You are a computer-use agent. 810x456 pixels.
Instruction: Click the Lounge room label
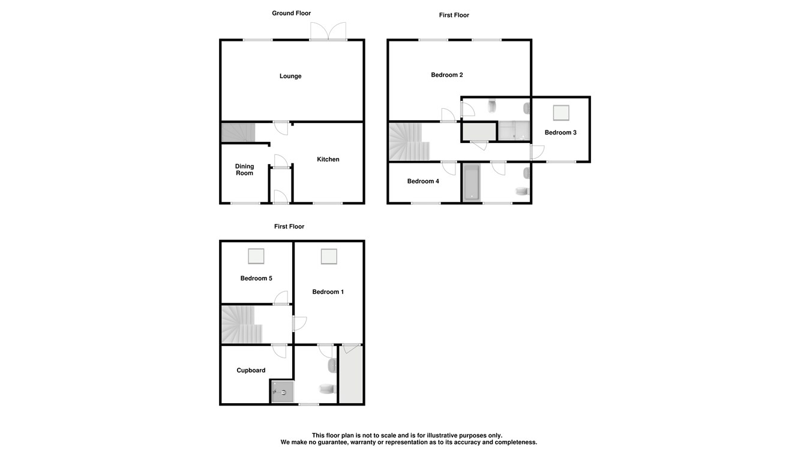pyautogui.click(x=290, y=76)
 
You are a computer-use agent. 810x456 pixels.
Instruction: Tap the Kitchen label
pyautogui.click(x=328, y=159)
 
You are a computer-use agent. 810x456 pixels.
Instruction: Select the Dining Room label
pyautogui.click(x=244, y=169)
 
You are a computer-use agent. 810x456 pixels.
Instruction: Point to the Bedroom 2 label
pyautogui.click(x=446, y=75)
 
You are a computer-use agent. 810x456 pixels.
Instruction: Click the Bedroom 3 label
pyautogui.click(x=560, y=133)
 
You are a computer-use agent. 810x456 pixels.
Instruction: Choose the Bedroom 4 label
pyautogui.click(x=423, y=181)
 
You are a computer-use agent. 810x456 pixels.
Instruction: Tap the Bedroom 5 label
pyautogui.click(x=256, y=278)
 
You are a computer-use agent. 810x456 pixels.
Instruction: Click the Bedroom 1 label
pyautogui.click(x=328, y=291)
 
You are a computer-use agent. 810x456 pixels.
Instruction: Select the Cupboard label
pyautogui.click(x=251, y=370)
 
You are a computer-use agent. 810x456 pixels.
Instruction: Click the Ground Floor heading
pyautogui.click(x=292, y=13)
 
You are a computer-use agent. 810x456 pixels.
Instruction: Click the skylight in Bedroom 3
pyautogui.click(x=561, y=113)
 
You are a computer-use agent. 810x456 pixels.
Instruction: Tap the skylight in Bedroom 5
pyautogui.click(x=256, y=257)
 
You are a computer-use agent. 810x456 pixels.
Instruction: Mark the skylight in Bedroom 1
pyautogui.click(x=329, y=257)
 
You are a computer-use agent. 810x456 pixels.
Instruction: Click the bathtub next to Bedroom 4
pyautogui.click(x=472, y=183)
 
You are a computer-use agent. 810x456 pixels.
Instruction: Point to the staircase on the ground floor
pyautogui.click(x=238, y=133)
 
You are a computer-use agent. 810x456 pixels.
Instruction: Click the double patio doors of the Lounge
pyautogui.click(x=328, y=31)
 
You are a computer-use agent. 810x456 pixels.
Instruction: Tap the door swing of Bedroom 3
pyautogui.click(x=538, y=152)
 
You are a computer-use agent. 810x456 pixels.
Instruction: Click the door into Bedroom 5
pyautogui.click(x=281, y=298)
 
